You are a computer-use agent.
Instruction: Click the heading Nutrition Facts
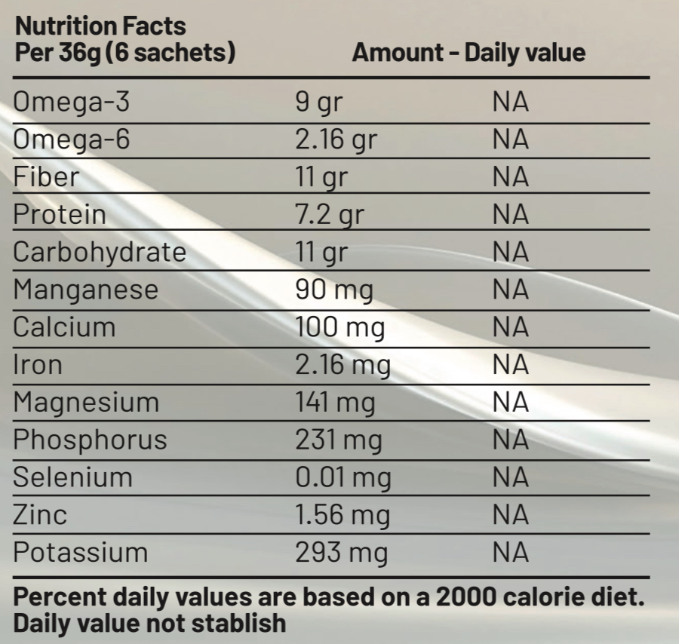point(100,26)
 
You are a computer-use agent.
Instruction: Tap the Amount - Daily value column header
point(469,53)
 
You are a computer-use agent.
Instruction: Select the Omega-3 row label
point(71,102)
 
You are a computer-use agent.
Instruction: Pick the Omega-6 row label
point(71,140)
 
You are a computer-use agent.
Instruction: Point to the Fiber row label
point(46,177)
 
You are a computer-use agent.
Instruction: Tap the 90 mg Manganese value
point(333,290)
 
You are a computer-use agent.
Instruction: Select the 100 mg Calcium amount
point(339,328)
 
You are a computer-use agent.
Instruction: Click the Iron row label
point(38,365)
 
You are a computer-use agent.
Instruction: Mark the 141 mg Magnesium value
point(334,403)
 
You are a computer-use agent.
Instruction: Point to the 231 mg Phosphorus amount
point(338,440)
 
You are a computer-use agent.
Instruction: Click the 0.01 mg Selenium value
point(343,478)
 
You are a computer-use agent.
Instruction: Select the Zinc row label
point(40,515)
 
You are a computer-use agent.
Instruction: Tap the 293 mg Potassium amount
point(341,553)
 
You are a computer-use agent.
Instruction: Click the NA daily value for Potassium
point(511,553)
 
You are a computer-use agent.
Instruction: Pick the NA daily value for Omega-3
point(511,102)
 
